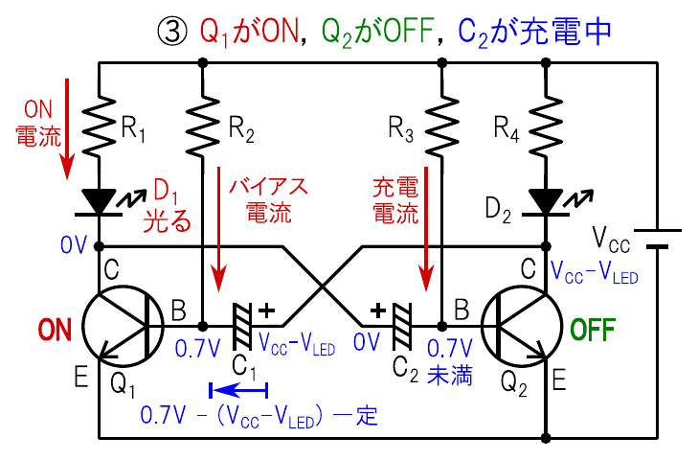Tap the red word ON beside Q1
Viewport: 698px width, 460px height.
(54, 331)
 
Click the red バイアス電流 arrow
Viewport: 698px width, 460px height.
(221, 236)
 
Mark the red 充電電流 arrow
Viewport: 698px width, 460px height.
(423, 236)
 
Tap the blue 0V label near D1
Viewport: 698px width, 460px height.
(73, 247)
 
